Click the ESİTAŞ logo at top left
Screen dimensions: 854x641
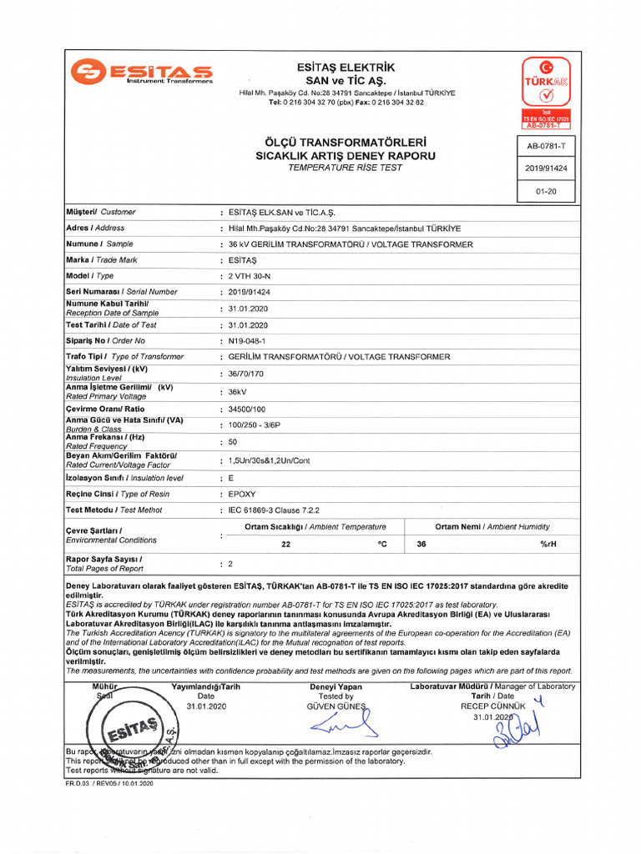(x=141, y=72)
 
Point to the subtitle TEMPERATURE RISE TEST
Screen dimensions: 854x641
(x=345, y=168)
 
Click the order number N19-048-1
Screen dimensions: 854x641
(x=247, y=341)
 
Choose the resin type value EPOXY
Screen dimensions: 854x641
(x=244, y=495)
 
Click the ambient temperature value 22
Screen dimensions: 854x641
(x=286, y=544)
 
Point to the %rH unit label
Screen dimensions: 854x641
(x=548, y=544)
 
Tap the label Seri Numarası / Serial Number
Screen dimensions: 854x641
(x=121, y=292)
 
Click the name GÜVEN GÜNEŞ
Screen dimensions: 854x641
(x=336, y=706)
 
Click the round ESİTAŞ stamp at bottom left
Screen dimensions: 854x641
(x=133, y=731)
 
